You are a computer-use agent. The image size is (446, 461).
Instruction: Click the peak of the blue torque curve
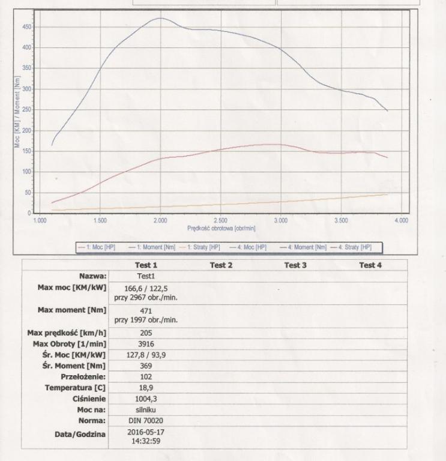pos(160,18)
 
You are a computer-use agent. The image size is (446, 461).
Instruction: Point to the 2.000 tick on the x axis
pos(160,221)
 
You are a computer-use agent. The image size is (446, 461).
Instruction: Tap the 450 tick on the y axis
pos(28,27)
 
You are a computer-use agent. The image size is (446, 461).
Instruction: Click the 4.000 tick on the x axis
pos(401,221)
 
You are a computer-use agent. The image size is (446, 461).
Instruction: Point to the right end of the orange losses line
pos(387,194)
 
